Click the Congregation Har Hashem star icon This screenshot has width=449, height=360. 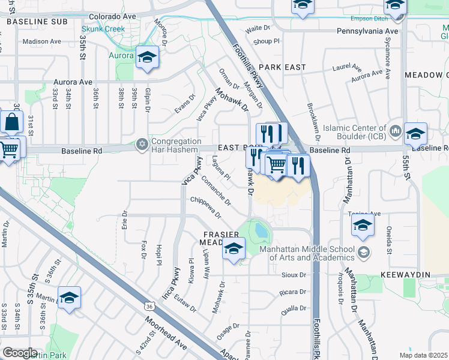pos(142,143)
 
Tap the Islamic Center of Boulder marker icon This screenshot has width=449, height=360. pos(395,130)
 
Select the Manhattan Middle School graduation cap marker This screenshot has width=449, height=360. pos(363,253)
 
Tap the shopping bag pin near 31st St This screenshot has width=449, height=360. pos(12,122)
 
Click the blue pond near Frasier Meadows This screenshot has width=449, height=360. pos(261,230)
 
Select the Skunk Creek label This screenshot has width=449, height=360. pos(103,29)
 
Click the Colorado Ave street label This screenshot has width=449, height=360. pos(113,17)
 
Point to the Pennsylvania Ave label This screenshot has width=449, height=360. pos(367,31)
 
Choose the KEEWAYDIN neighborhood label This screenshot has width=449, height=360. pos(414,274)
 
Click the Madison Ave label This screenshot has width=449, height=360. pos(41,41)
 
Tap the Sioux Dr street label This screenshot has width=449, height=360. pos(294,275)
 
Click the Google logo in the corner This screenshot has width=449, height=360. pos(20,352)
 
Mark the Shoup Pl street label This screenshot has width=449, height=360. pos(267,41)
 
